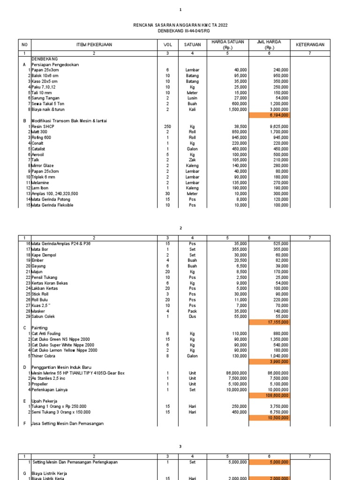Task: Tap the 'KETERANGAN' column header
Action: (310, 45)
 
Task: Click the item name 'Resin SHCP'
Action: (42, 127)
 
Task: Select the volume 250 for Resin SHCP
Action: (167, 127)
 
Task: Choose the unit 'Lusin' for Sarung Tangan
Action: (192, 98)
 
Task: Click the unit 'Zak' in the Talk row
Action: (192, 160)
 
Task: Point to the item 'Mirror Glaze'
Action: (45, 165)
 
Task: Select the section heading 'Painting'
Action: (39, 328)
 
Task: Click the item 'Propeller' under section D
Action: (41, 384)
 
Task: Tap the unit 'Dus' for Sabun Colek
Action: (192, 316)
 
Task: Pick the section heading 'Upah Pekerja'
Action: (44, 401)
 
